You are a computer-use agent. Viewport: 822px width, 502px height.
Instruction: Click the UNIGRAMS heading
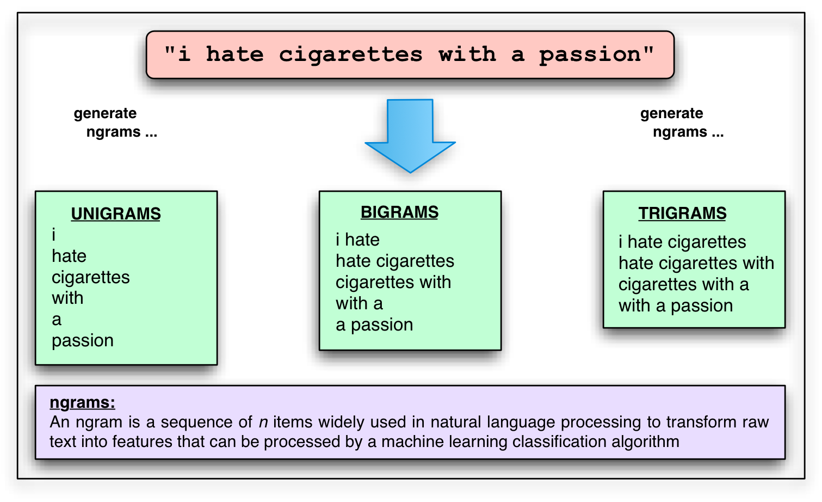(x=116, y=214)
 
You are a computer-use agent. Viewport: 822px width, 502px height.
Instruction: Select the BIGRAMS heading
(x=399, y=212)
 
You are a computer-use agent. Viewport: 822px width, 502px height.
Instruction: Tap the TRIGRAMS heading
(x=682, y=213)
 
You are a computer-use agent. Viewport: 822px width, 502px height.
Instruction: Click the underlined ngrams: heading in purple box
(x=82, y=402)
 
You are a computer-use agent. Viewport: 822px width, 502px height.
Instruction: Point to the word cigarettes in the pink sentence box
(x=350, y=54)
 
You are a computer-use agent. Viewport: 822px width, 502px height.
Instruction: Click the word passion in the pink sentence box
(x=590, y=55)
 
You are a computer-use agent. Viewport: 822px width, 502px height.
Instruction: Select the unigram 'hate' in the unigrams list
(x=69, y=256)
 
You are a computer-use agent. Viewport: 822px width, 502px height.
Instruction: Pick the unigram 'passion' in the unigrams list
(x=83, y=341)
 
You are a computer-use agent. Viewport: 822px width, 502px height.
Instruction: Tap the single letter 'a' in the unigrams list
(x=57, y=320)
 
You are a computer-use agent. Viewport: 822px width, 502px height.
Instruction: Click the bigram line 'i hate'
(x=357, y=240)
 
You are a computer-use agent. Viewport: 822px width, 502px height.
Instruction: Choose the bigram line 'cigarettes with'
(x=393, y=282)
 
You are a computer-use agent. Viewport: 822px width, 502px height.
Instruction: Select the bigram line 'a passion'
(x=374, y=325)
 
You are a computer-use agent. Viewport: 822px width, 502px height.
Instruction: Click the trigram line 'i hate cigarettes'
(x=682, y=242)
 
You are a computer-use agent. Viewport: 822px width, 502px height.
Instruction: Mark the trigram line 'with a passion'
(x=676, y=305)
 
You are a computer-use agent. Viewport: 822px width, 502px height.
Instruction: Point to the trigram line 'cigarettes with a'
(x=683, y=284)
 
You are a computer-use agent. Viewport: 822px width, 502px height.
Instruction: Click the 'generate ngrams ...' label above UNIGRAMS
(x=115, y=123)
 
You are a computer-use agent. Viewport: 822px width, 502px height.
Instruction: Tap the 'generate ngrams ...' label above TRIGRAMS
(x=682, y=123)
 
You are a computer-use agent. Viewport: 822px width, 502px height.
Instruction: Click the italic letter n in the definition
(x=263, y=423)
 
